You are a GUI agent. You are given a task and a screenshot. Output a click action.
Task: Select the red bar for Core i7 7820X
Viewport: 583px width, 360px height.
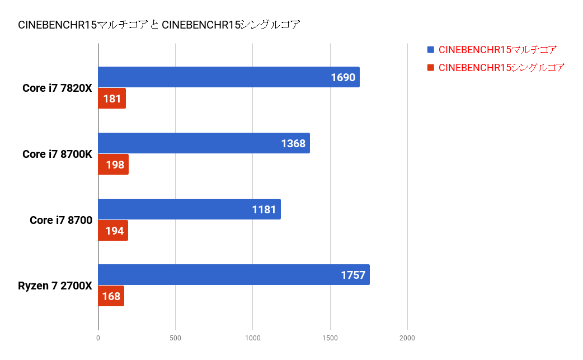(112, 99)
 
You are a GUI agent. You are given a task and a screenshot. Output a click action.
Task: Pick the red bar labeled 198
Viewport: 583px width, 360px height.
(114, 165)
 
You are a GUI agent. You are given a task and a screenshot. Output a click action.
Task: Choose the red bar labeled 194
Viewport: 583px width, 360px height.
(113, 231)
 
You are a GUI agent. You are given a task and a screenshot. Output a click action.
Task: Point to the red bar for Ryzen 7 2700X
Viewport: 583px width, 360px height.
(111, 296)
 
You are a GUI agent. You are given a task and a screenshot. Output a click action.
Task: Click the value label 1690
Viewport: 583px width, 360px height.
(343, 77)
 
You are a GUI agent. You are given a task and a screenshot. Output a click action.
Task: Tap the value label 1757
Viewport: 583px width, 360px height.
(353, 275)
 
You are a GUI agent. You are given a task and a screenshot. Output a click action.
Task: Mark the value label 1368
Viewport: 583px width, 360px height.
(293, 143)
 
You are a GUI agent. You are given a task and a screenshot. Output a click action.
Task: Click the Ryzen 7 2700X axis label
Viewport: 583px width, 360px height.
(55, 286)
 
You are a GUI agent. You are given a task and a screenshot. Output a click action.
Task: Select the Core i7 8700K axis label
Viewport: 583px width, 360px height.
(57, 154)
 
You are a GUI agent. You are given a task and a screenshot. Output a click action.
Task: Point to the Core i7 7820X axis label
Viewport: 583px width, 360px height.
(57, 88)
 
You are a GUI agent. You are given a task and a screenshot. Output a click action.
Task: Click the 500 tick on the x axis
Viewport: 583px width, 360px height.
(175, 338)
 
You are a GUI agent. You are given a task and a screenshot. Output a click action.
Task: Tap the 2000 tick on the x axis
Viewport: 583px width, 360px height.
(407, 338)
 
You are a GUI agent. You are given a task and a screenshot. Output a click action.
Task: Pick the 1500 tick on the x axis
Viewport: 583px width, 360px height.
(330, 338)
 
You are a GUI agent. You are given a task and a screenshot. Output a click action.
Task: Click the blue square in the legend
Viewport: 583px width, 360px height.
(430, 50)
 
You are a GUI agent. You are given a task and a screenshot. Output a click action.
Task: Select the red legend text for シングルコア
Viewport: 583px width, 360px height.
(501, 68)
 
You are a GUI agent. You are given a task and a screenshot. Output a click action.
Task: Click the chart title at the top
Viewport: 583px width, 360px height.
(159, 25)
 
